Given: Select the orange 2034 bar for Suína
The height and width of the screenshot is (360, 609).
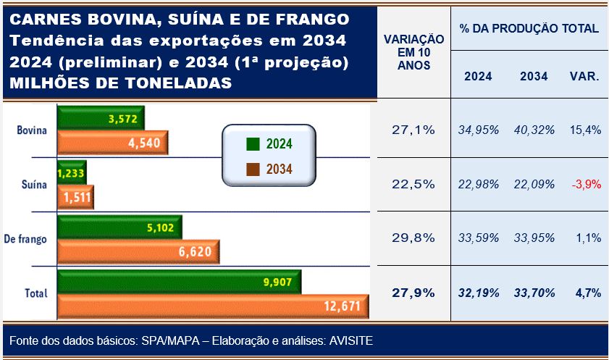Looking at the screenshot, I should [75, 198].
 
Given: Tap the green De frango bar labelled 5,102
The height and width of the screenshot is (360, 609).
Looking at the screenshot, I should [119, 227].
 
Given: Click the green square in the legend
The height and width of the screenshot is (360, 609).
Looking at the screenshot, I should [253, 143].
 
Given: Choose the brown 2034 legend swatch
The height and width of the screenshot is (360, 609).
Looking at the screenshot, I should [253, 169].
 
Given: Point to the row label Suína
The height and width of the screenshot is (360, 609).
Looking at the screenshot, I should [34, 185].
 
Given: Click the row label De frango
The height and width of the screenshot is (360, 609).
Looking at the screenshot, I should [26, 239].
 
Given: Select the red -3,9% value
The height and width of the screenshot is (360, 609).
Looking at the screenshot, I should [586, 184].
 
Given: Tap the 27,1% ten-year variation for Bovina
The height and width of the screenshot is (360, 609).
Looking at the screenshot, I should [413, 130].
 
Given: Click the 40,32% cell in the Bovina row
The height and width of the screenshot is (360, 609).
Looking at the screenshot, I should [535, 130].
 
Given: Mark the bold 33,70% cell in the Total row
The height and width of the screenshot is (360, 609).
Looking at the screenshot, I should [535, 293].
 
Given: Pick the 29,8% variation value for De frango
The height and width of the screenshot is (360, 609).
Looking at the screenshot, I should [413, 238].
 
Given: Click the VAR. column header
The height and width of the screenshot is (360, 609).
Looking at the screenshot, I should [584, 76].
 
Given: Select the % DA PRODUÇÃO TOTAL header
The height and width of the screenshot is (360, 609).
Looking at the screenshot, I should [529, 28].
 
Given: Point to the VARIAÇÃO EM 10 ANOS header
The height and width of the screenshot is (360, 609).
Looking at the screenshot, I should [413, 53].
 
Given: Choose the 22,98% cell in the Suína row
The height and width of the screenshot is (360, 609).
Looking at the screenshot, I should [479, 184].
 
